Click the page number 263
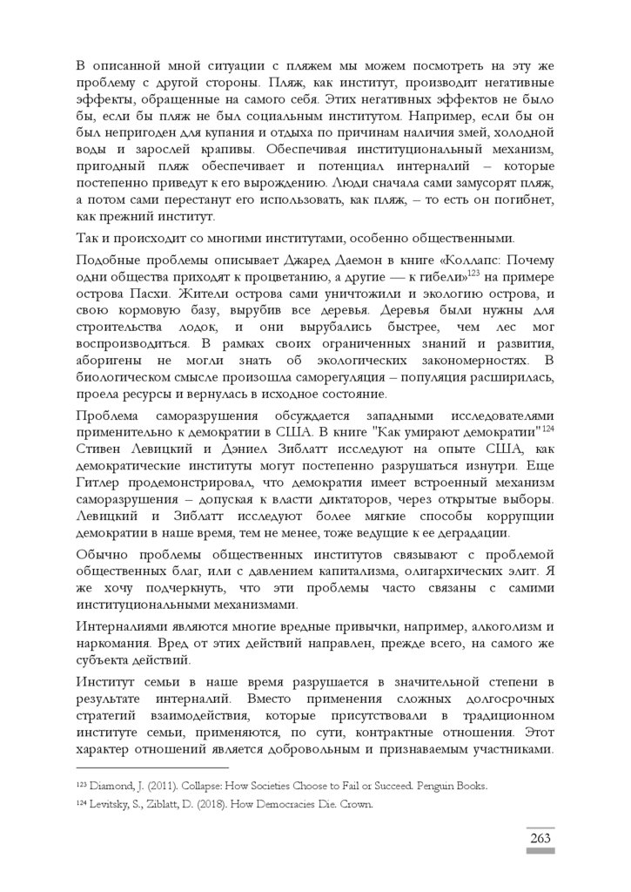click(540, 838)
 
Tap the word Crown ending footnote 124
click(357, 805)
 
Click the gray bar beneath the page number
click(540, 850)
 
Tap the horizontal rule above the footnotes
click(152, 768)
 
